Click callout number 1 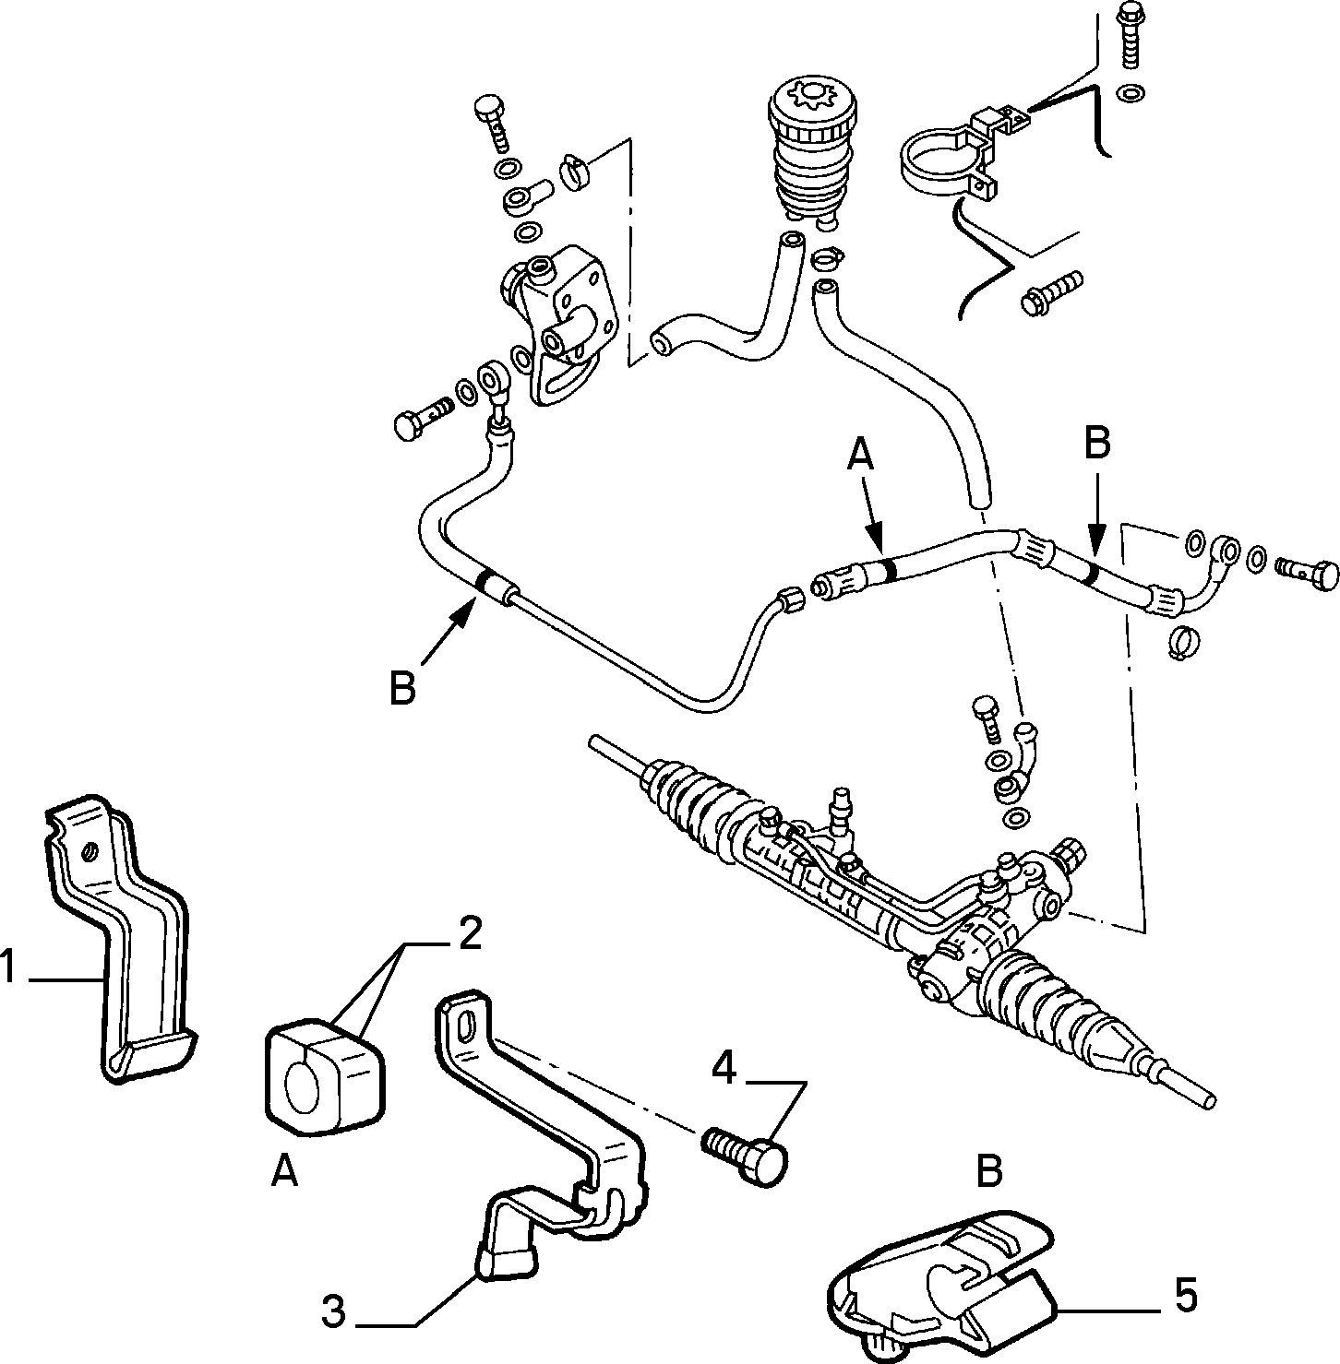point(9,969)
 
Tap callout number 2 point(469,934)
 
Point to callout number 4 point(724,1068)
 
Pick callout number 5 point(1185,1295)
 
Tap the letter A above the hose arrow point(860,455)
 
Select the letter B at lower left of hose point(401,688)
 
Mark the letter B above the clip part point(988,1171)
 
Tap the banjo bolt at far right point(1309,572)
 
